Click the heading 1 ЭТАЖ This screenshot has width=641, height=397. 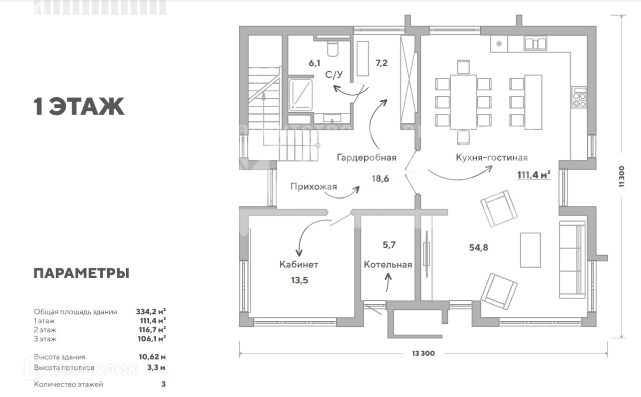pyautogui.click(x=79, y=106)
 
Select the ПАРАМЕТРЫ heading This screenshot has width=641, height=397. pyautogui.click(x=81, y=273)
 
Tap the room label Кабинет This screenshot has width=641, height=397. pyautogui.click(x=299, y=264)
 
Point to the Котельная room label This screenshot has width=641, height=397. pyautogui.click(x=388, y=265)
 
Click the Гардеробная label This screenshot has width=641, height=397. pyautogui.click(x=366, y=157)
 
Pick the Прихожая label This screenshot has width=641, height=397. pyautogui.click(x=313, y=186)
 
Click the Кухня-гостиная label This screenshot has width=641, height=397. pyautogui.click(x=491, y=157)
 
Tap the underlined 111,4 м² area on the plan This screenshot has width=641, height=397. pyautogui.click(x=534, y=174)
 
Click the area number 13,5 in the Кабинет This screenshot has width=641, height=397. pyautogui.click(x=299, y=280)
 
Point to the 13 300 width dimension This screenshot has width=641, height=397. pyautogui.click(x=423, y=353)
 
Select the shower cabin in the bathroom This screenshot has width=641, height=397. pyautogui.click(x=300, y=94)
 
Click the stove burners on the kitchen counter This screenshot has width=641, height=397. pyautogui.click(x=579, y=97)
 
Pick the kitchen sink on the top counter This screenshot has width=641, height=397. pyautogui.click(x=535, y=44)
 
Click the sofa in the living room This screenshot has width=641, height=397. pyautogui.click(x=572, y=260)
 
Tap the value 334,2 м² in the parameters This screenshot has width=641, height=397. pyautogui.click(x=151, y=311)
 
